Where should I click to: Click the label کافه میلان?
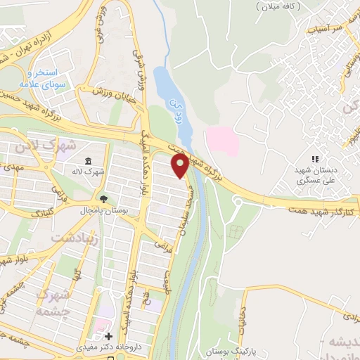pyautogui.click(x=279, y=6)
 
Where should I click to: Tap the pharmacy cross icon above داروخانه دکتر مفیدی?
pyautogui.click(x=108, y=336)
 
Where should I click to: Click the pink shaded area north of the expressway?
pyautogui.click(x=221, y=141)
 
